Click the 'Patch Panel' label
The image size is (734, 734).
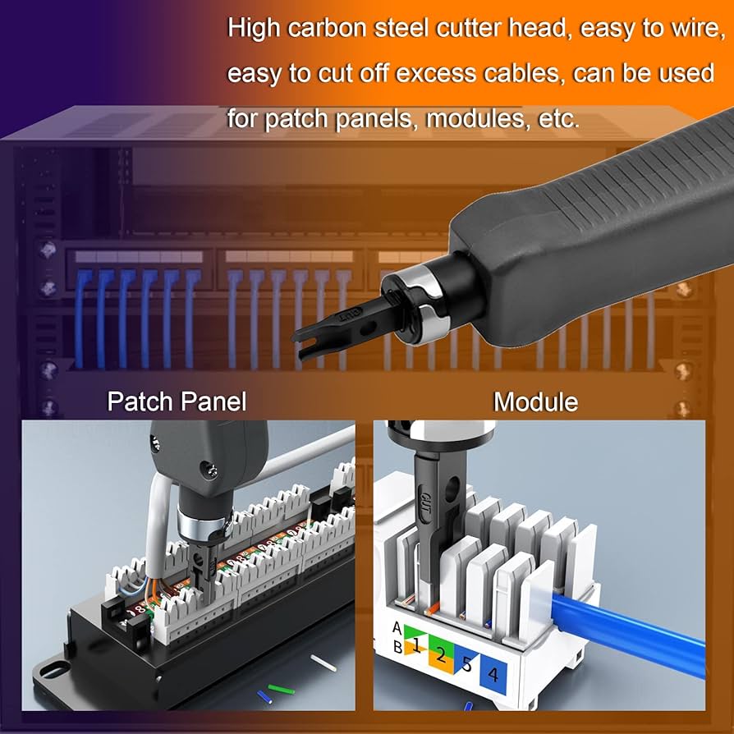(177, 402)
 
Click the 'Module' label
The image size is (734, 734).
(535, 402)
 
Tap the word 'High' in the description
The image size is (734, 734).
(254, 30)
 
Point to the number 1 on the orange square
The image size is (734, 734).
(416, 646)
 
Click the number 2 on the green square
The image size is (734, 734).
(441, 654)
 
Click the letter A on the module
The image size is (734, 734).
(398, 629)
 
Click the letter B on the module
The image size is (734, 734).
(398, 646)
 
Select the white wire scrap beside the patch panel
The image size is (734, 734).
(322, 659)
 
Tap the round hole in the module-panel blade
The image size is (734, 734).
(450, 496)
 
